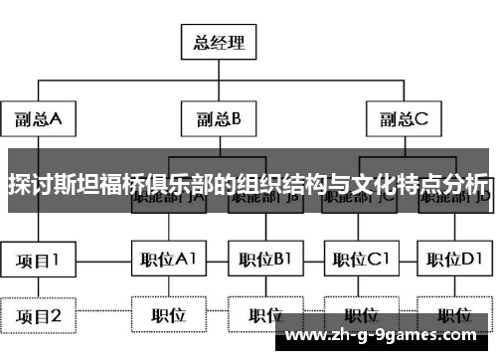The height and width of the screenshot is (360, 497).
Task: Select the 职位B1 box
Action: click(x=264, y=261)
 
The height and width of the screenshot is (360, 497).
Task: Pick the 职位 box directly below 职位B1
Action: click(x=264, y=316)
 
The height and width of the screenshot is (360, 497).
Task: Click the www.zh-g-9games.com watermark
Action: click(x=391, y=336)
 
